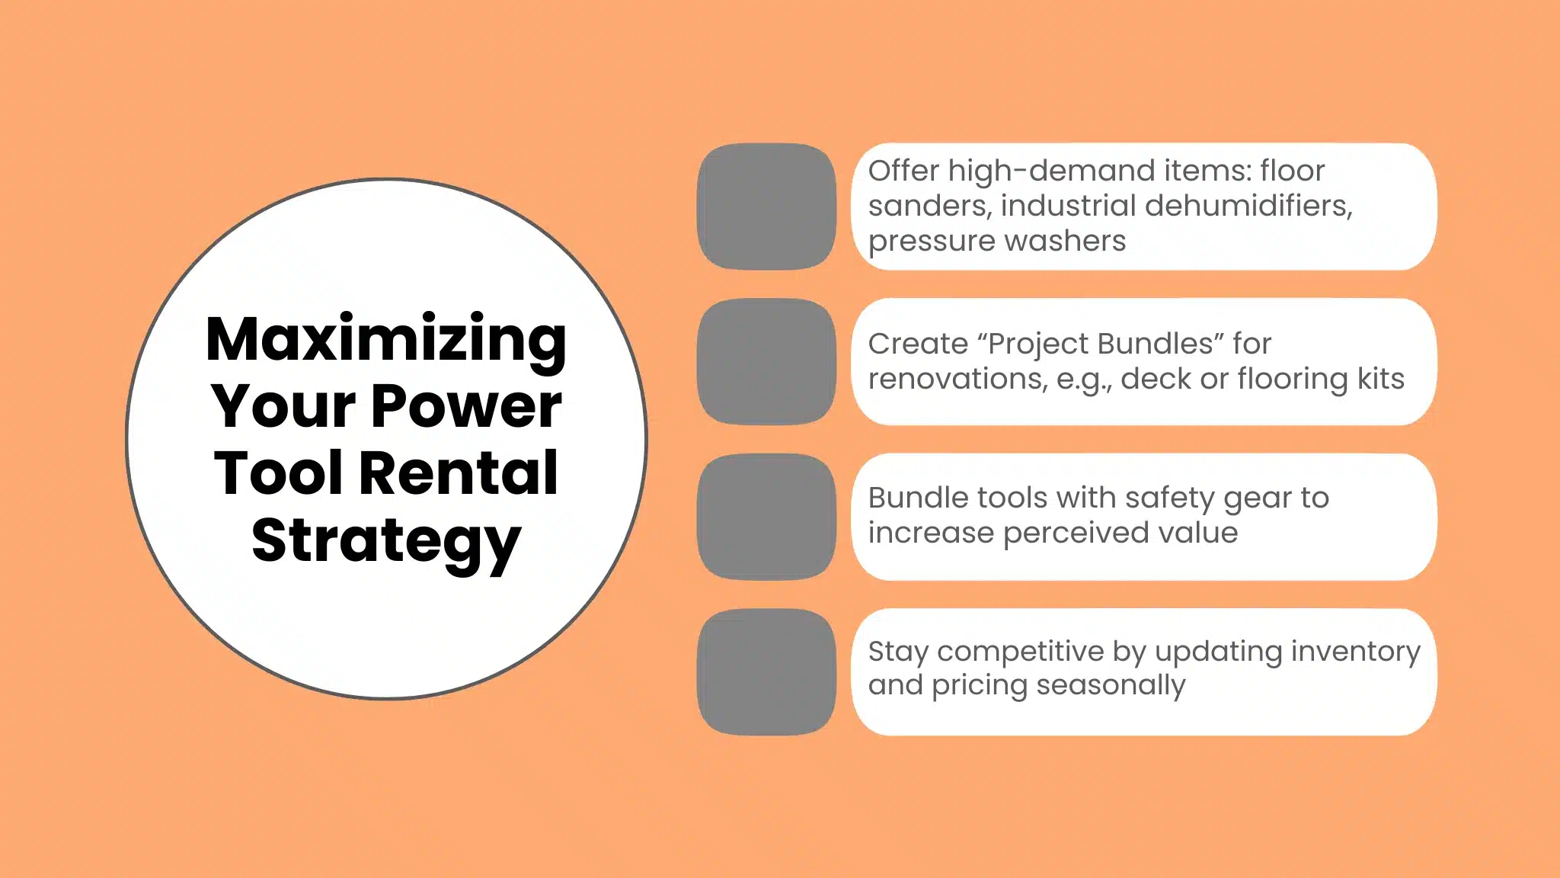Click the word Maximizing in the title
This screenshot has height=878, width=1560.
386,339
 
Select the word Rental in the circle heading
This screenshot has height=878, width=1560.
458,473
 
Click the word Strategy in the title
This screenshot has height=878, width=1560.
386,540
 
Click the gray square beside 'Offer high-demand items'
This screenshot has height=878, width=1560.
766,207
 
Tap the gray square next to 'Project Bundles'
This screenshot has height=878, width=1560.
766,361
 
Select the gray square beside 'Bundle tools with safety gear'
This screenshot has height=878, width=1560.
766,517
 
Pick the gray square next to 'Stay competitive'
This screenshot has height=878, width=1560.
766,671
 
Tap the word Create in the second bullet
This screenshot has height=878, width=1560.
918,344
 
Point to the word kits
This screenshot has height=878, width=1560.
1380,379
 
